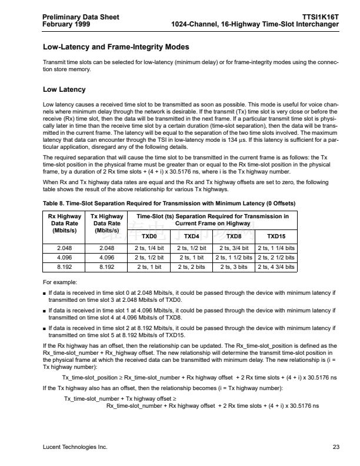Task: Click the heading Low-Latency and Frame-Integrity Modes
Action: point(116,46)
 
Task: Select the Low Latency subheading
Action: point(64,89)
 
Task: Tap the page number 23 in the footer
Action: point(336,447)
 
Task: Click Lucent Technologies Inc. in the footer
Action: point(75,447)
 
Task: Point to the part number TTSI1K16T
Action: point(320,17)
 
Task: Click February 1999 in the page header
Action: point(66,24)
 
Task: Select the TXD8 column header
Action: point(234,237)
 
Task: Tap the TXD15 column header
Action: point(276,237)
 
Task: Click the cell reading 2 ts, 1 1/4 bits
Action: point(276,248)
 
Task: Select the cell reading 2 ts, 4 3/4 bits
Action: point(276,267)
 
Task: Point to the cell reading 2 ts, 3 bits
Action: point(234,267)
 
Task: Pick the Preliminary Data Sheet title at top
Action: point(81,17)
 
